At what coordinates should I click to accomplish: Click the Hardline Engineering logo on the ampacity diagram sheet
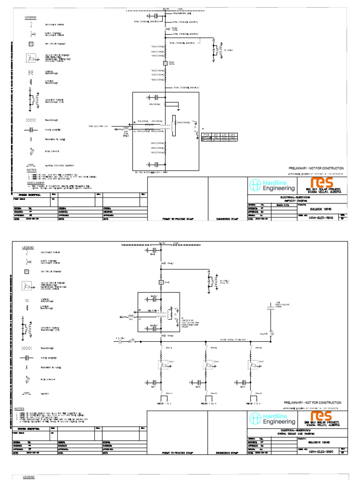(269, 186)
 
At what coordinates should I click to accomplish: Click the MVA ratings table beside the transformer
(219, 137)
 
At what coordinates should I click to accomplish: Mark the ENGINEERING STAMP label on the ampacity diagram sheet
(227, 218)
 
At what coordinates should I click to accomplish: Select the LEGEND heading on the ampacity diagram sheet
(30, 18)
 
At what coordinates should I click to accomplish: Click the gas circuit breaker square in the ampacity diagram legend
(31, 44)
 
